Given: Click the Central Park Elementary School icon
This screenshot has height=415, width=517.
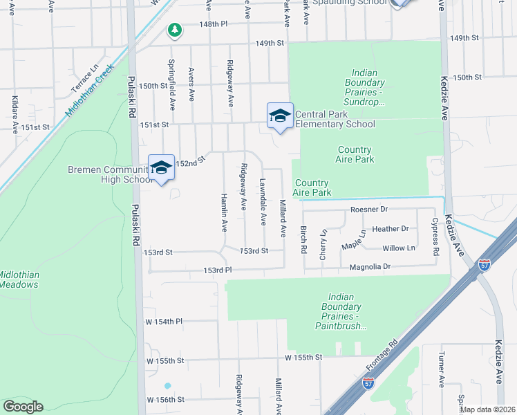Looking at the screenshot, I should pyautogui.click(x=280, y=115).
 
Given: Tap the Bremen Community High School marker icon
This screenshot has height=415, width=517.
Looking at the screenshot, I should pyautogui.click(x=161, y=167).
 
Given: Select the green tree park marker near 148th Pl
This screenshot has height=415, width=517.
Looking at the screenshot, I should pyautogui.click(x=176, y=30).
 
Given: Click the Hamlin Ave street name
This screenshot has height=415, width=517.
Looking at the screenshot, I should pyautogui.click(x=224, y=210).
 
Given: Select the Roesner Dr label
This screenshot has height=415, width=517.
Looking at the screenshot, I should pyautogui.click(x=370, y=209).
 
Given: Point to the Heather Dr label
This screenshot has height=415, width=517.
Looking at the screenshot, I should pyautogui.click(x=391, y=228).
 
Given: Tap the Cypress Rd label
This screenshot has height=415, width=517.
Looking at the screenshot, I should pyautogui.click(x=435, y=237).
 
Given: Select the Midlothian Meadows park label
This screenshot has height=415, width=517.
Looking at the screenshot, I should pyautogui.click(x=19, y=279).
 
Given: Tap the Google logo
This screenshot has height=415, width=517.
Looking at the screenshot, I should pyautogui.click(x=23, y=407).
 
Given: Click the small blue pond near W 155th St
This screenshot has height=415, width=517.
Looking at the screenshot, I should pyautogui.click(x=167, y=385).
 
